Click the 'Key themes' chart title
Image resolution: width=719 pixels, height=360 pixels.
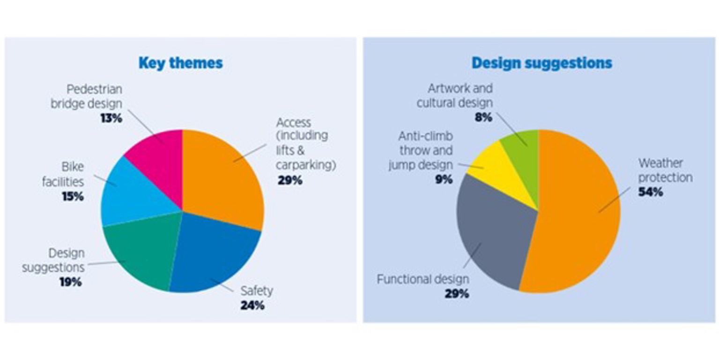(180, 63)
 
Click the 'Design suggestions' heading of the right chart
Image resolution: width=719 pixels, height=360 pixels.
(541, 63)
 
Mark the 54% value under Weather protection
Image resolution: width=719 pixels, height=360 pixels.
(651, 192)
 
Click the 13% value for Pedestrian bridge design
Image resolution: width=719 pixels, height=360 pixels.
(111, 118)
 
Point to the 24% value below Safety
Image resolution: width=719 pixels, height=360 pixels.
(252, 306)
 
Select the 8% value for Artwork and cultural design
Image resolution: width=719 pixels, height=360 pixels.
(483, 117)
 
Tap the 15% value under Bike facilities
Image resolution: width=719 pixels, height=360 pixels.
(73, 197)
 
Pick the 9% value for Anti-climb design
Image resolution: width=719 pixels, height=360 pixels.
(444, 179)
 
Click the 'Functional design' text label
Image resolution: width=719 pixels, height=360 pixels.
(423, 280)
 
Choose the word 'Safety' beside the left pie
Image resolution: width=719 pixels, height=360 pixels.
(257, 291)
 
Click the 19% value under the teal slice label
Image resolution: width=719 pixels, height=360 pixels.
(70, 282)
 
